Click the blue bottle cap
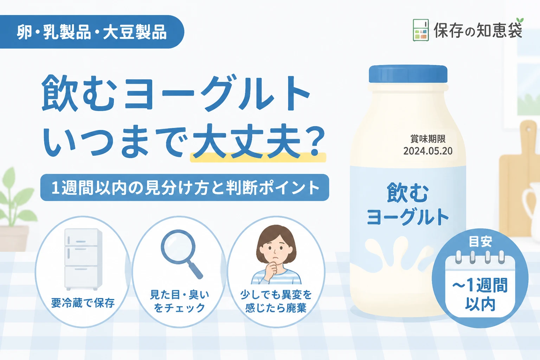pyautogui.click(x=408, y=74)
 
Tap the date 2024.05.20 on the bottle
pyautogui.click(x=428, y=151)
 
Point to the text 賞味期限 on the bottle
pyautogui.click(x=428, y=139)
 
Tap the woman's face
pyautogui.click(x=276, y=248)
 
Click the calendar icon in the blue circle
pyautogui.click(x=480, y=284)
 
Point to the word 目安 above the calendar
pyautogui.click(x=480, y=242)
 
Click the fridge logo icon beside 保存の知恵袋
pyautogui.click(x=421, y=30)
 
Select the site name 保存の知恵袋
pyautogui.click(x=478, y=30)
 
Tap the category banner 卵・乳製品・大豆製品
pyautogui.click(x=92, y=32)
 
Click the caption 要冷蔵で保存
pyautogui.click(x=83, y=303)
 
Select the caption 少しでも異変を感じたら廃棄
pyautogui.click(x=276, y=301)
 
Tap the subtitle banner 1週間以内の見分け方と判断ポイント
pyautogui.click(x=185, y=188)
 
